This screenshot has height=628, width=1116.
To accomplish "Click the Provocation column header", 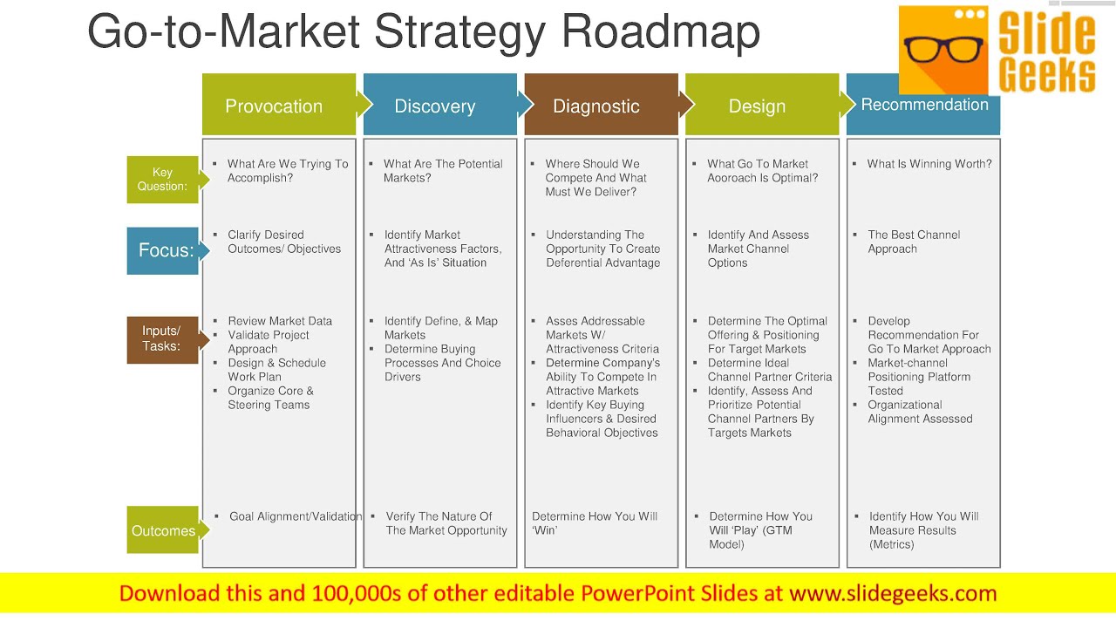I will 274,106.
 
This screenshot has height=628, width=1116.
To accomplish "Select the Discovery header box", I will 434,106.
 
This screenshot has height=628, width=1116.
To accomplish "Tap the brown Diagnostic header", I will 596,106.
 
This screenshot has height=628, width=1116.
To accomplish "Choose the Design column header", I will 757,106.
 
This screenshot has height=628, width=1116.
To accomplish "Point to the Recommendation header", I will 924,105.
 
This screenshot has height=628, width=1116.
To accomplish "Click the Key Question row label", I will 162,179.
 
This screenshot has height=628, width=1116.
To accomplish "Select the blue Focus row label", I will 163,250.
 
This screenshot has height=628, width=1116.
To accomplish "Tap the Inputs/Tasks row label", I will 161,338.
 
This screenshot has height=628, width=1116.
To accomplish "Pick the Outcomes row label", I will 163,530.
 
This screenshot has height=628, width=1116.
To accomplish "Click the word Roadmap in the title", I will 661,31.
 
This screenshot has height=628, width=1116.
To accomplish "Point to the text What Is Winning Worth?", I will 929,164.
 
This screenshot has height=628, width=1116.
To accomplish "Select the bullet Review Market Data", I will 280,321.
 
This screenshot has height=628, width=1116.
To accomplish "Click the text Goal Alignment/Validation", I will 295,516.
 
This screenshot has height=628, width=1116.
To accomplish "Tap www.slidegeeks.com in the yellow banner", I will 893,594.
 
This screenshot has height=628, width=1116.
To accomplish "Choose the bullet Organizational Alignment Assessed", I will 920,412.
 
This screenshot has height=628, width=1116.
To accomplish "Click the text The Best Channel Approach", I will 914,242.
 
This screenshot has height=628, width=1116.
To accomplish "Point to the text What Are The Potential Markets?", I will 443,171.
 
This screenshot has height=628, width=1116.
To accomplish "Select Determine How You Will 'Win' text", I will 595,523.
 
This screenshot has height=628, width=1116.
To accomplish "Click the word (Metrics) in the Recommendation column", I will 891,544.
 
